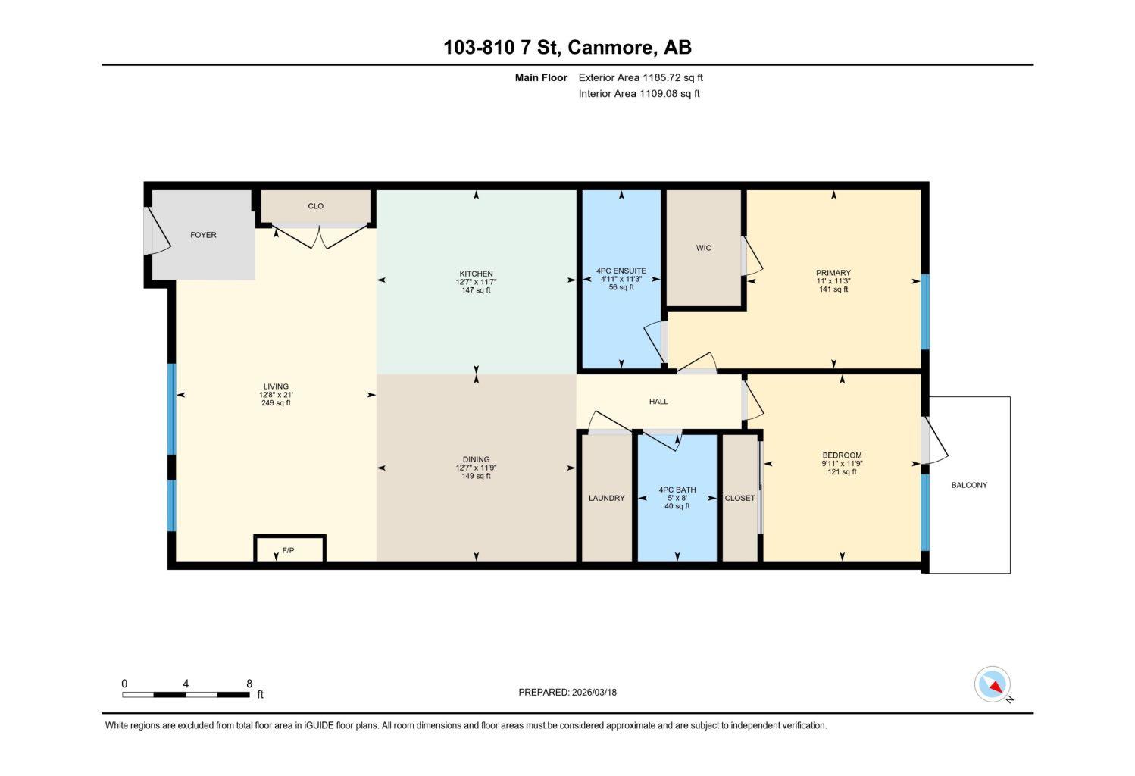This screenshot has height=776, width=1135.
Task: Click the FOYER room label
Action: point(203,235)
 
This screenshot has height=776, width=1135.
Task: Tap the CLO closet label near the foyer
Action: point(316,206)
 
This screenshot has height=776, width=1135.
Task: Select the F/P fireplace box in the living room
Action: point(289,549)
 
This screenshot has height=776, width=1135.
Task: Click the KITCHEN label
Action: point(476,274)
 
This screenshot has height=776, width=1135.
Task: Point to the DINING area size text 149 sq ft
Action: point(476,476)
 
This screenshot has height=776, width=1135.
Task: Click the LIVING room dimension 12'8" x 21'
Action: point(276,395)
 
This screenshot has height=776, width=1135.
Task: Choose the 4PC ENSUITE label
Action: point(621,271)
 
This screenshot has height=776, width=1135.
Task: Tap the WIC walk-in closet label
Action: point(704,248)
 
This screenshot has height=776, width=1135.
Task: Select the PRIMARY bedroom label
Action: point(833,273)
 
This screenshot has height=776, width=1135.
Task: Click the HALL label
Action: point(658,402)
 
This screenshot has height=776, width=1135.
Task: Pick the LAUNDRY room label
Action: point(607,498)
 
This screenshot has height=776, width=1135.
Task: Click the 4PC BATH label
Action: point(677,490)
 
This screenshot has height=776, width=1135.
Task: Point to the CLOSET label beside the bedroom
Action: point(739,498)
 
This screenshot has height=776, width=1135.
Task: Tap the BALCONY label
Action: point(969,485)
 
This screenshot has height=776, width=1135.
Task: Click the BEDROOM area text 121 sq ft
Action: point(842,472)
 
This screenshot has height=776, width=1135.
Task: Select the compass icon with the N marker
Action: point(993,684)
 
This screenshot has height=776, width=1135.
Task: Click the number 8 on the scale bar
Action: point(249,684)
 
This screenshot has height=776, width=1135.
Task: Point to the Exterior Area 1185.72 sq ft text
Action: point(641,77)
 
